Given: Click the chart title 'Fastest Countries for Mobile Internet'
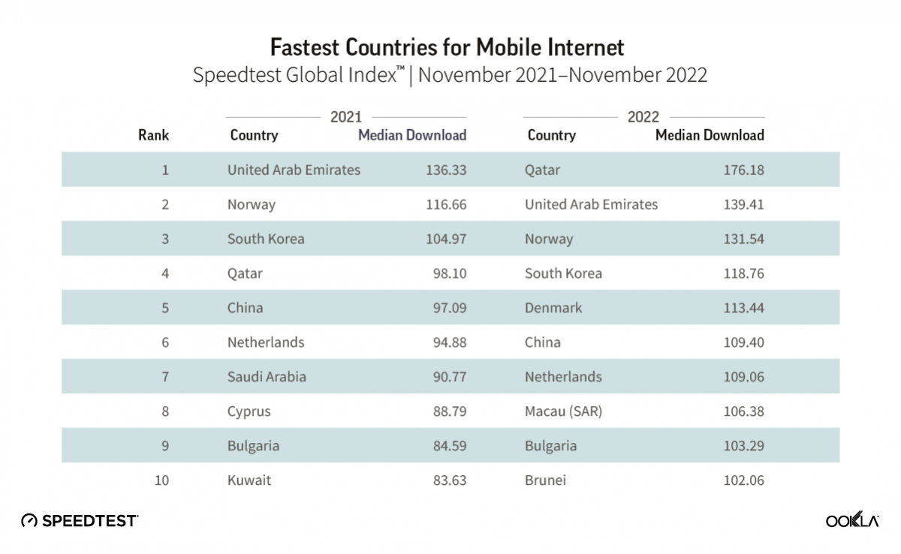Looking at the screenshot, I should coord(447,47).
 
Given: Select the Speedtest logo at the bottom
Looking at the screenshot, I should coord(80,520).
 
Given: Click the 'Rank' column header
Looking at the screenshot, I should coord(154,136).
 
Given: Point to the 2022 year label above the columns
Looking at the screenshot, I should coord(643,116).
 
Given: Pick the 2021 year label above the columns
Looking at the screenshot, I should coord(346,116).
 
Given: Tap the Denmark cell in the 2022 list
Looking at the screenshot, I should coord(553,308).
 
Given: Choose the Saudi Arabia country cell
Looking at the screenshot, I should coord(267,377).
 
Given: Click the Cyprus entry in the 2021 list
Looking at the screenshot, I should coord(249,411).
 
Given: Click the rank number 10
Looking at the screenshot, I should coord(161,480).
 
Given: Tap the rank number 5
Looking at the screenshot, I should coord(164,308).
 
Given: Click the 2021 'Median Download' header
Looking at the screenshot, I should coord(412,136).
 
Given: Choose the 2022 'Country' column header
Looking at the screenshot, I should coord(552,136).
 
